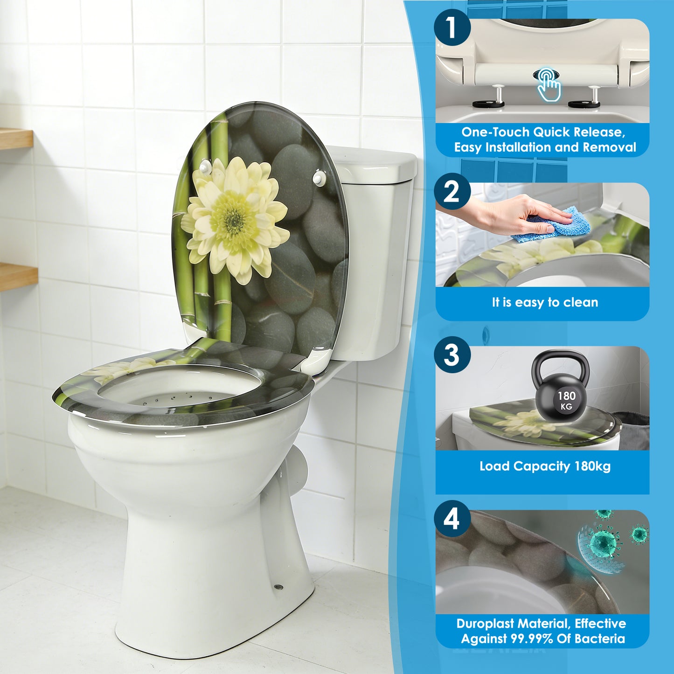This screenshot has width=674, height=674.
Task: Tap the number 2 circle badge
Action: (452, 192)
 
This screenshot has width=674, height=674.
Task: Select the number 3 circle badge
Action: (452, 355)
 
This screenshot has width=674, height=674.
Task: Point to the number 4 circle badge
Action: (452, 519)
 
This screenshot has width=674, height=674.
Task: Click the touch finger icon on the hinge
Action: (548, 85)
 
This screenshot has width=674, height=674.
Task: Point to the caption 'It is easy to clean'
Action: (545, 302)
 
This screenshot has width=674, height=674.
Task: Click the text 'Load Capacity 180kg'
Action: (545, 466)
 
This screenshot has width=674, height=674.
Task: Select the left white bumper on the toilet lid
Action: (204, 166)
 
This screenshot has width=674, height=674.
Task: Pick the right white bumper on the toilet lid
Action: (319, 176)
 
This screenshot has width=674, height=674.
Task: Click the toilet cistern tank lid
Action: (373, 161)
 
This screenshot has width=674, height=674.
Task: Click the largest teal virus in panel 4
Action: (604, 543)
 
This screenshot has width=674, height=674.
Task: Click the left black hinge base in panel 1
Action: (488, 104)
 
